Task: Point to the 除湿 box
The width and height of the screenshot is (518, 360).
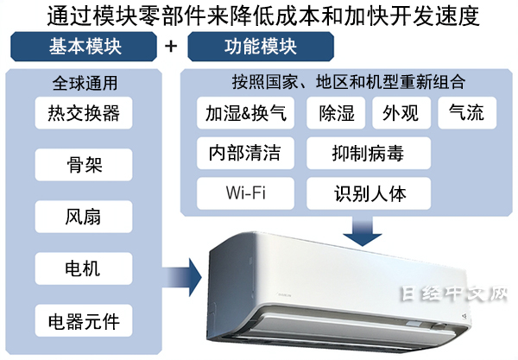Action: coord(335,113)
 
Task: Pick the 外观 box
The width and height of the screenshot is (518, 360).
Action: coord(400,113)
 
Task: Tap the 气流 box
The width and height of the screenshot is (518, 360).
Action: coord(466,113)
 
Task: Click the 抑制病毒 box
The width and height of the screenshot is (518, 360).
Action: coord(369,153)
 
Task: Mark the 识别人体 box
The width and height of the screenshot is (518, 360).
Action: coord(369,192)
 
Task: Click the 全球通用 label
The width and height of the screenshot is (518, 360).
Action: coord(85,85)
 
